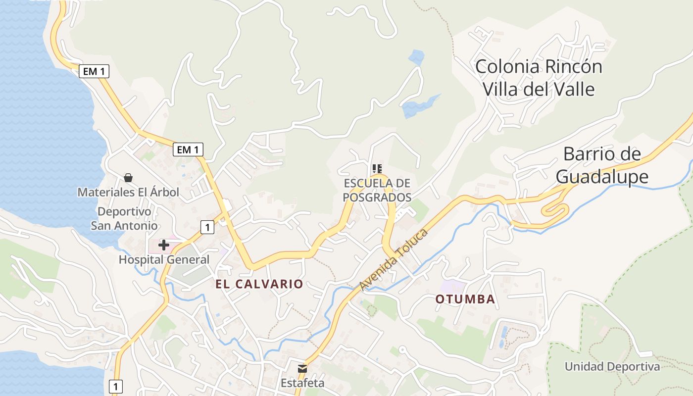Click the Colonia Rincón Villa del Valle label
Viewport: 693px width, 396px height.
click(539, 78)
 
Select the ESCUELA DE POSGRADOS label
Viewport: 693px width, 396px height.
click(377, 190)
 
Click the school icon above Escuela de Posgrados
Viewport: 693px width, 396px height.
click(377, 169)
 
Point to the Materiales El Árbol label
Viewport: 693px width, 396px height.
click(128, 192)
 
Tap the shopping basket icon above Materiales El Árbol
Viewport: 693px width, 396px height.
click(128, 177)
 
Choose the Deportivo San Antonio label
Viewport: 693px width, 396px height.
click(124, 219)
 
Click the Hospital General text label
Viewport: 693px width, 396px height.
click(164, 259)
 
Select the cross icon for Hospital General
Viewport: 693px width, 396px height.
click(163, 245)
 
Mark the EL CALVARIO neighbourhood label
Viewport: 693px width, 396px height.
click(259, 284)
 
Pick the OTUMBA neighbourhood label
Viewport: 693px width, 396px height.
click(465, 299)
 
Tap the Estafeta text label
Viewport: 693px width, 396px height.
click(302, 383)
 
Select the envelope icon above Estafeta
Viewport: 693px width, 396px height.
click(302, 368)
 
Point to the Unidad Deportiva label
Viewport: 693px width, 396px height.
click(612, 367)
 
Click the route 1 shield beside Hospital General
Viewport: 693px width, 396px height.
click(207, 227)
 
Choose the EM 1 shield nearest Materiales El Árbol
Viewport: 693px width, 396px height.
click(188, 149)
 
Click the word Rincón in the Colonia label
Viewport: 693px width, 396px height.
click(575, 66)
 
